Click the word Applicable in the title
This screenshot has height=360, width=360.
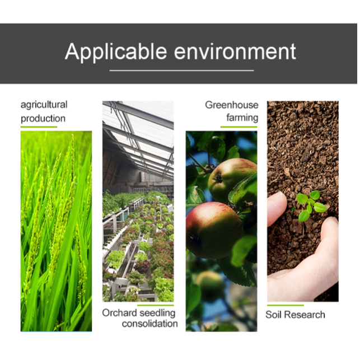pyautogui.click(x=116, y=52)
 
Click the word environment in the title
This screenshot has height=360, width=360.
pyautogui.click(x=235, y=52)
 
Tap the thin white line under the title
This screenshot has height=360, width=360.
pyautogui.click(x=181, y=71)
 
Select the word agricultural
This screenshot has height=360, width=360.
pyautogui.click(x=44, y=105)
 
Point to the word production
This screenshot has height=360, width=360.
pyautogui.click(x=43, y=119)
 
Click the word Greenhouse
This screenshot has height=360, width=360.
pyautogui.click(x=232, y=105)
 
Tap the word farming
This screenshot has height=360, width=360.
pyautogui.click(x=242, y=118)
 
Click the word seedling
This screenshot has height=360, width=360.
pyautogui.click(x=157, y=313)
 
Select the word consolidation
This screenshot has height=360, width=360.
pyautogui.click(x=150, y=324)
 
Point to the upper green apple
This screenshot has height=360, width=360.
pyautogui.click(x=232, y=180)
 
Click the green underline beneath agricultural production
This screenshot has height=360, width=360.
pyautogui.click(x=39, y=127)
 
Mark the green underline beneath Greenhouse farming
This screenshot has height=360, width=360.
pyautogui.click(x=239, y=127)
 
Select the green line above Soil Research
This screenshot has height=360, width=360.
pyautogui.click(x=286, y=305)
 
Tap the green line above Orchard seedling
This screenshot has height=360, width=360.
pyautogui.click(x=156, y=305)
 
